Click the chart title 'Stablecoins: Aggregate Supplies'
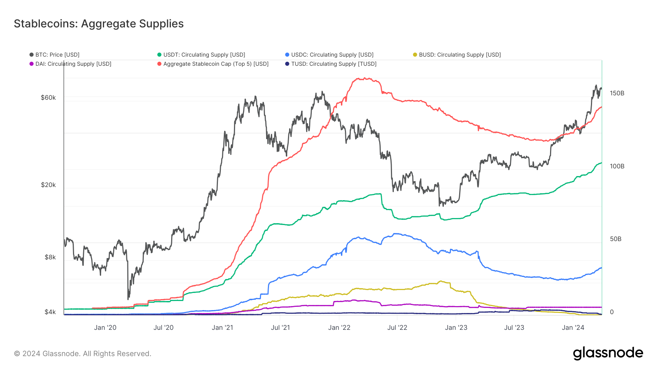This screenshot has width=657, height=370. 99,24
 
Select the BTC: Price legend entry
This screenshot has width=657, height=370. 54,55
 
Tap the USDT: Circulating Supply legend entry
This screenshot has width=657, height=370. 201,55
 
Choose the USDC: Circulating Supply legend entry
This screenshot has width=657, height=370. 329,55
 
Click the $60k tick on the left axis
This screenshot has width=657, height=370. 48,98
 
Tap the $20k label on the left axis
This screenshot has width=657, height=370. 48,185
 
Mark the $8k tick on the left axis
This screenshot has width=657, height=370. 50,257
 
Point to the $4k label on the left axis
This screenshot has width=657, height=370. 50,312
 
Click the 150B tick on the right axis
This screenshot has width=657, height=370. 617,93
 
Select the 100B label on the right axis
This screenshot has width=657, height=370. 617,166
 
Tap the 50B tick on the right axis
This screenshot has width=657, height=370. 615,239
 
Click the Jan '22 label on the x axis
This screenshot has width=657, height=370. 339,328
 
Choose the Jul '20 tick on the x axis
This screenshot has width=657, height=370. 164,328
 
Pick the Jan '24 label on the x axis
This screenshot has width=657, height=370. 573,328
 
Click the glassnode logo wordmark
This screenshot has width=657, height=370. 608,353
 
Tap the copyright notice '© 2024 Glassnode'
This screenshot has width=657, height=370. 82,354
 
